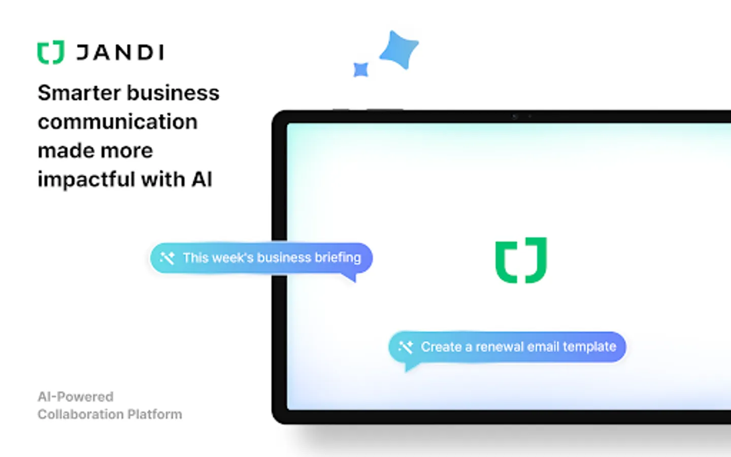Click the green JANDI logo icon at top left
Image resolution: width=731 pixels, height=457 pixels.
(51, 52)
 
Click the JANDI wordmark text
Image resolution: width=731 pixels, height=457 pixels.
(120, 52)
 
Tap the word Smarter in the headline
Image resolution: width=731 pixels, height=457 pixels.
(79, 93)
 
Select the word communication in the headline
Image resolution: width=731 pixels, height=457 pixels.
(117, 121)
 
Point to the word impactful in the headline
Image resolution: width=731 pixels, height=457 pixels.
(86, 179)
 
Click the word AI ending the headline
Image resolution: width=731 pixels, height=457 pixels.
(202, 179)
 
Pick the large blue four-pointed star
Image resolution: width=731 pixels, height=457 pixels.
(400, 50)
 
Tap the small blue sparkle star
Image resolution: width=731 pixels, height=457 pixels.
(361, 70)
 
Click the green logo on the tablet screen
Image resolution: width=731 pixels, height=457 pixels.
(521, 260)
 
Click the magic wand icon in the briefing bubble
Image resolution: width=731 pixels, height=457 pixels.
(167, 258)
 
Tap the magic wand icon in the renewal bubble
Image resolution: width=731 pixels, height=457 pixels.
(406, 347)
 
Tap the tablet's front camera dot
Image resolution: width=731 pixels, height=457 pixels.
(515, 117)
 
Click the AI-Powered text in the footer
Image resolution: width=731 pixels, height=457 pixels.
(76, 397)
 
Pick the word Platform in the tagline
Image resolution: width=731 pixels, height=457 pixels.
(155, 414)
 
